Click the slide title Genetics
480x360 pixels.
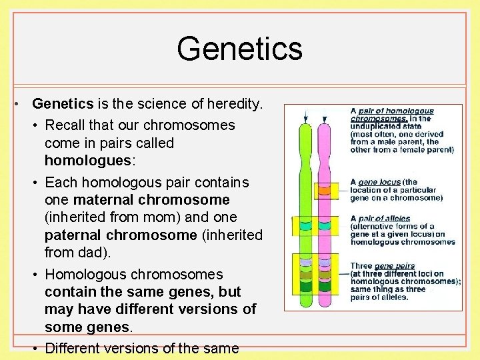tap(239, 49)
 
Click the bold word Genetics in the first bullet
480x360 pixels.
tap(63, 104)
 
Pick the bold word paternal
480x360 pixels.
tap(74, 235)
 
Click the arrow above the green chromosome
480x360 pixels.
tap(305, 115)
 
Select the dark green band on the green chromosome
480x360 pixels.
tap(305, 287)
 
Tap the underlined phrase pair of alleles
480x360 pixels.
tap(384, 219)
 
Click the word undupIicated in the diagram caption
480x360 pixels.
tap(379, 126)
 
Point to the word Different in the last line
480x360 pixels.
tap(74, 348)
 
